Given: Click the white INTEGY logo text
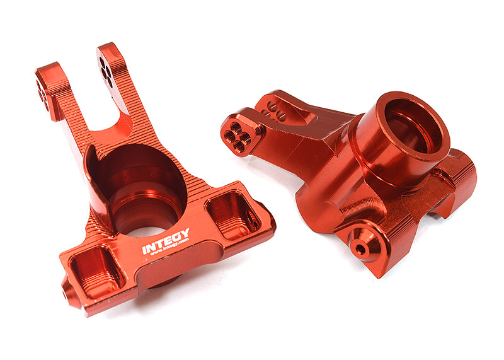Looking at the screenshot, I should click(165, 241).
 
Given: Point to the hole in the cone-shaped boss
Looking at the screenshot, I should click(360, 248).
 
